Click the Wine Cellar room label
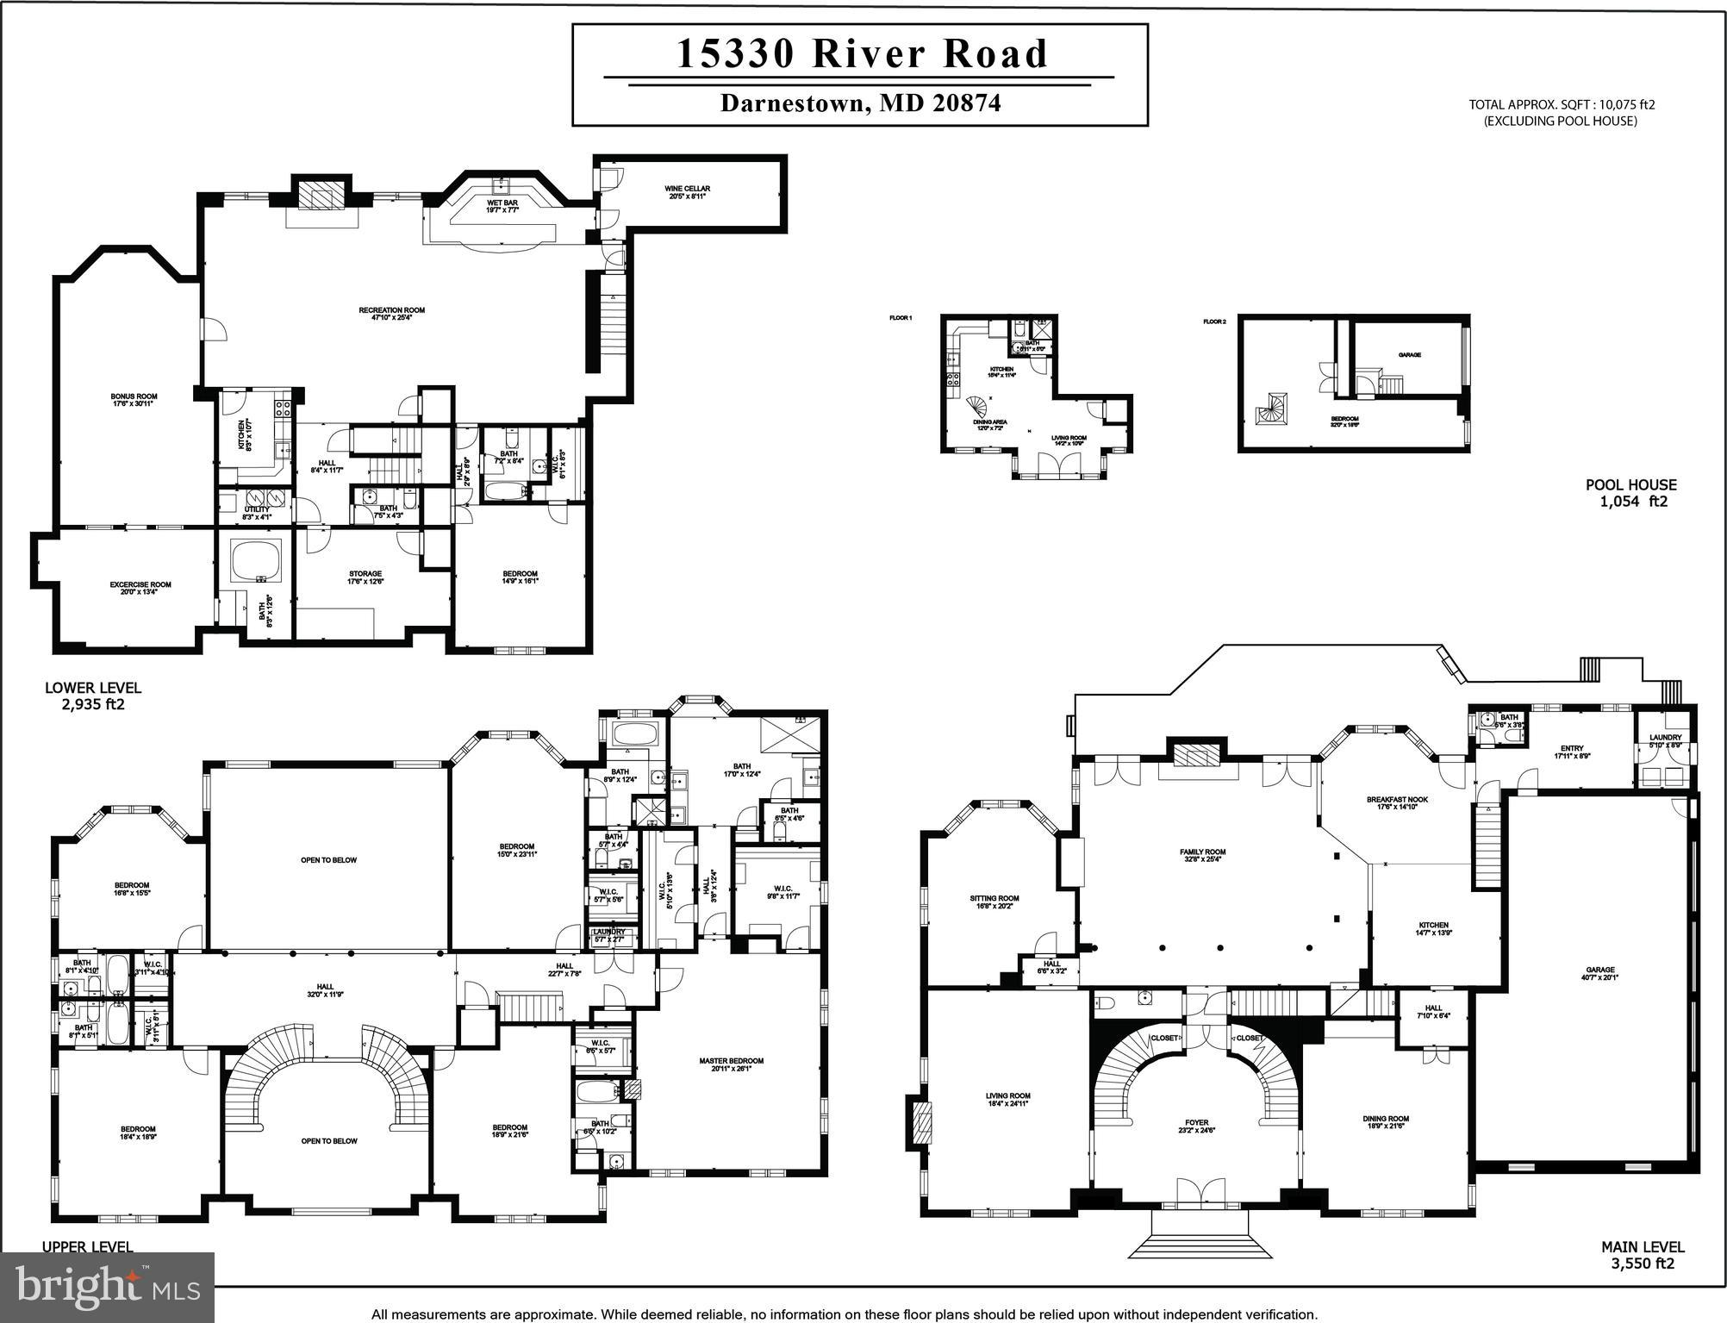687,192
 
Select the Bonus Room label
134,400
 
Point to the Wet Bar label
502,206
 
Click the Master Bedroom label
731,1064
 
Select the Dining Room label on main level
1386,1122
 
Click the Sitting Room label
994,902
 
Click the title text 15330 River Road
861,53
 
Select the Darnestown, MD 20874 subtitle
860,103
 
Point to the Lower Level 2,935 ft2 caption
92,696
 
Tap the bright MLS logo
107,1287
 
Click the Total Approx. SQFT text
1562,112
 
